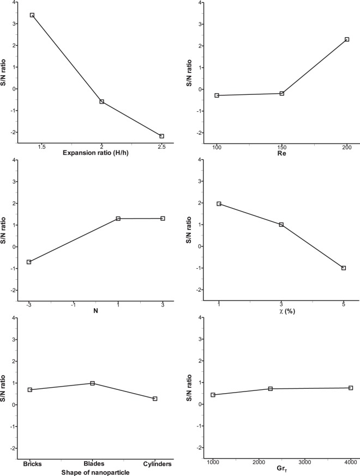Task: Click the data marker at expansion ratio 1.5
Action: point(32,15)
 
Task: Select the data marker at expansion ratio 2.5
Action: point(162,136)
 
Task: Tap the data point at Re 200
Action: point(346,39)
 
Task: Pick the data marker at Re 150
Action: point(282,93)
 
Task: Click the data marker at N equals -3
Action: point(29,262)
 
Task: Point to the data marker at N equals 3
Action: point(163,218)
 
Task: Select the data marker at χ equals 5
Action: point(344,268)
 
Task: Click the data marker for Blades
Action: point(93,383)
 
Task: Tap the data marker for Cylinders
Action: point(155,399)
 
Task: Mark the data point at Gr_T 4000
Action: point(351,388)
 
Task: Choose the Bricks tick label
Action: point(30,464)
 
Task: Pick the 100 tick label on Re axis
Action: point(217,148)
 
